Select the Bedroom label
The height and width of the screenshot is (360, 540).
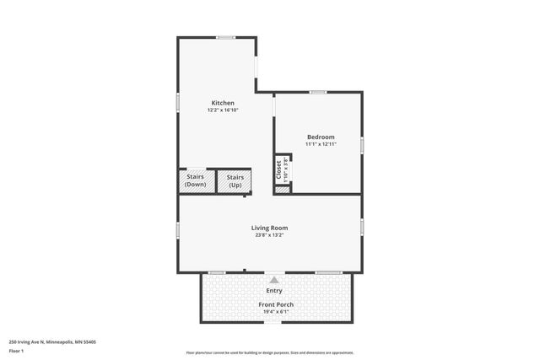click(321, 137)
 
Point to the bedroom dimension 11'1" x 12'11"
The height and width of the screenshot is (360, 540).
click(321, 144)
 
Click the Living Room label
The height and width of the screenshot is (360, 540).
click(269, 228)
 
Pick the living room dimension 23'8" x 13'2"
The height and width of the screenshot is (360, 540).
click(269, 235)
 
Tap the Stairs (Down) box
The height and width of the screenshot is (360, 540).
click(196, 180)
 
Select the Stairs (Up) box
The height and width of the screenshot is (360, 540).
click(235, 180)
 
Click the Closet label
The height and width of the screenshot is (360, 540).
click(279, 169)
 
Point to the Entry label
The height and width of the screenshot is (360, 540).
click(274, 291)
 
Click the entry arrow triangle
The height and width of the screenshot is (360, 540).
click(273, 279)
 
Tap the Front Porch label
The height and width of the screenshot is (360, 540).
click(274, 304)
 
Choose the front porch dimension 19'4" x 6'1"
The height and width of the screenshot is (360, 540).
click(274, 312)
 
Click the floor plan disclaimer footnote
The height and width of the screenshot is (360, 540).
click(269, 352)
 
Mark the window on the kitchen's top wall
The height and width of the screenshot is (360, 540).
click(225, 37)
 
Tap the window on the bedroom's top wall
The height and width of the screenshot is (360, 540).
click(317, 92)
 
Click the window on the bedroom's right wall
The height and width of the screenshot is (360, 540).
click(362, 145)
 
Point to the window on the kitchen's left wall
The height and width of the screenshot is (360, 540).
click(178, 100)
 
